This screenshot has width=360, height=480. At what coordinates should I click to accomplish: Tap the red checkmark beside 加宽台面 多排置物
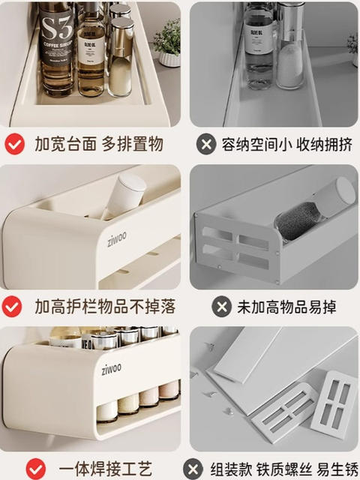pos(14,143)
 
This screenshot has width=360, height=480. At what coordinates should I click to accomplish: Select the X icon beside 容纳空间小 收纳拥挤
pos(205,143)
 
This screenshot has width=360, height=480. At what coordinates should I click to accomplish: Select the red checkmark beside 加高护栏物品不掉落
pos(13,306)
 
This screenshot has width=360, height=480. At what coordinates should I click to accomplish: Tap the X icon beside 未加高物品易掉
pos(221,306)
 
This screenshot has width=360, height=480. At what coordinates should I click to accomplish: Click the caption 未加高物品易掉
pos(286,307)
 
